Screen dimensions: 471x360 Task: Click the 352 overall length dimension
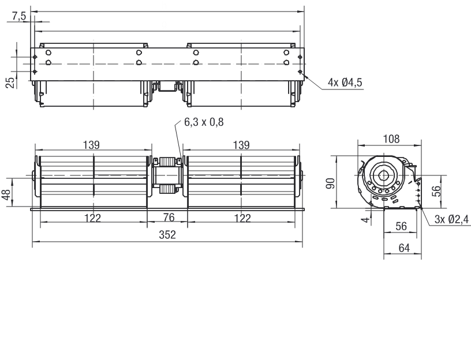click(x=167, y=235)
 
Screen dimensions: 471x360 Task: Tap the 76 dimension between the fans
click(x=169, y=217)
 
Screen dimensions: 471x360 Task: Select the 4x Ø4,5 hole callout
click(x=345, y=82)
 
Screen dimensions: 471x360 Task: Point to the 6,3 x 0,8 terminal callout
click(x=204, y=122)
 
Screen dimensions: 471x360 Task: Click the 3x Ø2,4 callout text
click(x=451, y=219)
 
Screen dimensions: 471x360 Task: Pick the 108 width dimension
click(x=391, y=139)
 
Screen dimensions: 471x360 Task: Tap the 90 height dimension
click(x=330, y=183)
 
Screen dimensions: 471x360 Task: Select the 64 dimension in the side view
click(x=404, y=248)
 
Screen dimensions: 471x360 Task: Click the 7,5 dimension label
click(x=19, y=16)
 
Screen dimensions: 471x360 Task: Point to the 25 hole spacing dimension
click(x=10, y=82)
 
